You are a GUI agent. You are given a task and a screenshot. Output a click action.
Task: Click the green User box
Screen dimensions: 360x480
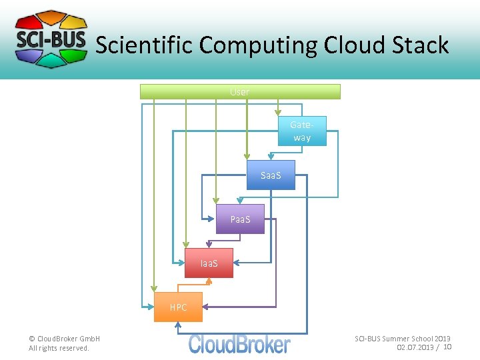(x=240, y=92)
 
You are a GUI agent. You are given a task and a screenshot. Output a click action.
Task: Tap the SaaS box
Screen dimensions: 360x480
(x=271, y=175)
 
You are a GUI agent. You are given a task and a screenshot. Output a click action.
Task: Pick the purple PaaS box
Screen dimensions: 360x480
(x=240, y=219)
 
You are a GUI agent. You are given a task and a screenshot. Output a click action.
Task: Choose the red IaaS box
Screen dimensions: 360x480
(x=209, y=263)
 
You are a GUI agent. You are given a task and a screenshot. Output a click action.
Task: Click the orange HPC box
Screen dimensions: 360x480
(x=178, y=307)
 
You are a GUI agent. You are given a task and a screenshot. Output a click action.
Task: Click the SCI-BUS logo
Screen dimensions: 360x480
(x=51, y=39)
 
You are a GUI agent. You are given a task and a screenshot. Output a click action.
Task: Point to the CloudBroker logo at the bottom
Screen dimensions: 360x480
(x=239, y=344)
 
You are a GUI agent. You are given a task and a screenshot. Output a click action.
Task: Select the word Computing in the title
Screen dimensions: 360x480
(x=258, y=45)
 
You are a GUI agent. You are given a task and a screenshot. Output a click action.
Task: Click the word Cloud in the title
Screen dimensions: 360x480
(x=353, y=45)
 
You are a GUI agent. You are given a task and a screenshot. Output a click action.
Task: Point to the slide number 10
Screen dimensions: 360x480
(x=447, y=347)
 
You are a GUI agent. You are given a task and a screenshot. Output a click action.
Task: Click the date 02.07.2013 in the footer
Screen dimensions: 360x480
(x=414, y=347)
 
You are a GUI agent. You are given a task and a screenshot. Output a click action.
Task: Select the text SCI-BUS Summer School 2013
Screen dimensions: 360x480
(x=402, y=339)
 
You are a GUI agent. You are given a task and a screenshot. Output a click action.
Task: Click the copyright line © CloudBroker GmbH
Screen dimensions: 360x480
(x=64, y=339)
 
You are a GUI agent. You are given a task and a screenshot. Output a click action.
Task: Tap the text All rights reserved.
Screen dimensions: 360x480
(x=59, y=348)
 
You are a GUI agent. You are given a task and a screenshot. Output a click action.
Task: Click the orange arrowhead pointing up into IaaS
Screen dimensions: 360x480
(x=209, y=281)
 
